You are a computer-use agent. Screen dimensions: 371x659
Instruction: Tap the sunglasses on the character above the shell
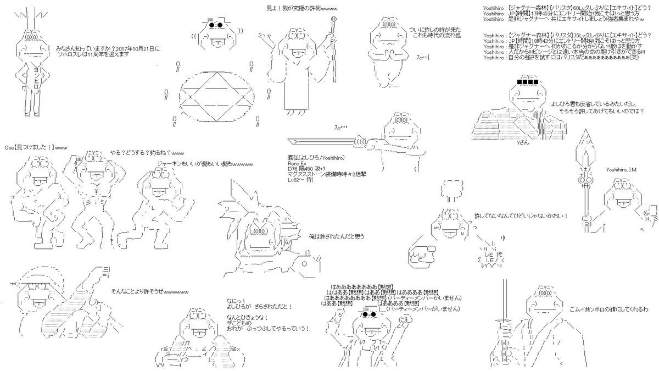(217, 25)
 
